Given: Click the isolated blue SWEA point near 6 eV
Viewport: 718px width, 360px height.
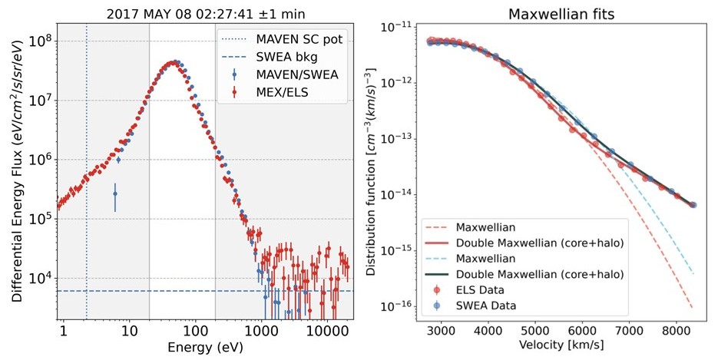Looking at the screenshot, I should click(x=114, y=194).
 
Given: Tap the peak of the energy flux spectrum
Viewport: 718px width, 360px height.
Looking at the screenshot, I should click(x=174, y=62).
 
